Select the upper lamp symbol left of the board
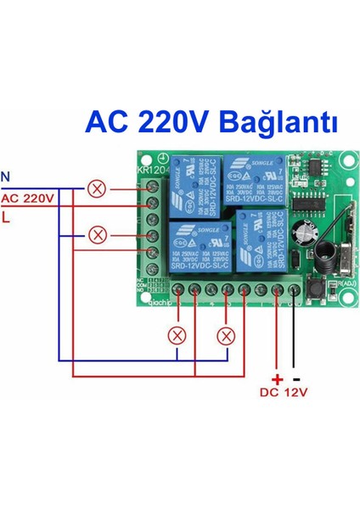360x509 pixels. (x=98, y=187)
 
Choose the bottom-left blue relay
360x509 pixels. (x=199, y=245)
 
